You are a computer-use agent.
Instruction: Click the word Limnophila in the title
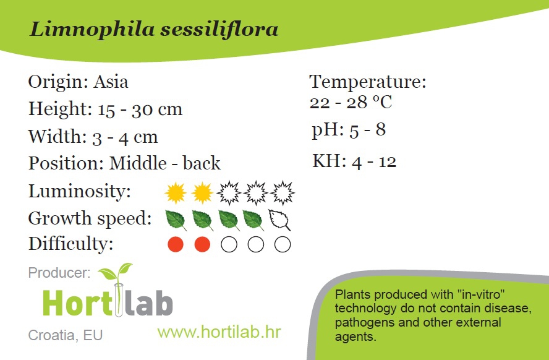[91, 30]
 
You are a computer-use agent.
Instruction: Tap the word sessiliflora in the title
[219, 28]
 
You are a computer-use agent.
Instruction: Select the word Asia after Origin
[111, 82]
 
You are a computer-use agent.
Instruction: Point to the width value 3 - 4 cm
[125, 137]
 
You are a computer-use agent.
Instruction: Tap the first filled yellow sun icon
[176, 192]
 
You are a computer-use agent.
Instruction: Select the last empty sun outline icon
[283, 192]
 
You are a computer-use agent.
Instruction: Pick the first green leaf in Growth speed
[176, 220]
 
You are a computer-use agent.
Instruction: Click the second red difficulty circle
[202, 244]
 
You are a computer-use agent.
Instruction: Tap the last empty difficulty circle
[283, 244]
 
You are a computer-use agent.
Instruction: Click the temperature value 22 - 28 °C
[351, 102]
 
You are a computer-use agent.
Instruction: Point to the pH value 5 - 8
[368, 129]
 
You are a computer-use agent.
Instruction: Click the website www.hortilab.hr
[219, 332]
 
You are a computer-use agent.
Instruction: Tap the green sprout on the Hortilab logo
[115, 272]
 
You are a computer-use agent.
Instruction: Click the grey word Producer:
[59, 272]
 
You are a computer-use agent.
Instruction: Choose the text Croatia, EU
[65, 335]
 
